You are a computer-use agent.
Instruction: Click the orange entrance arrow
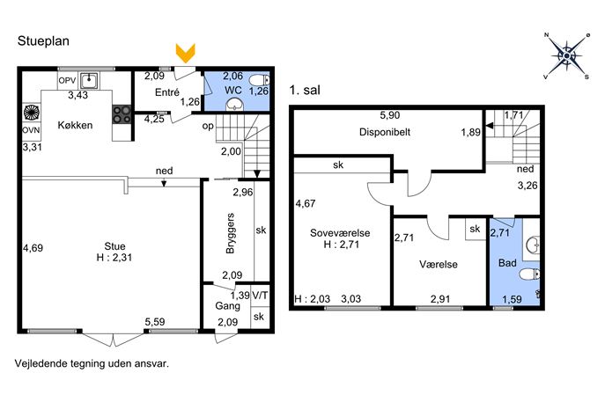186,53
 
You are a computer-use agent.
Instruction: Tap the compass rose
566,56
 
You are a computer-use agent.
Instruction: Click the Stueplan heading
43,41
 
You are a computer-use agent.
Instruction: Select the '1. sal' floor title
305,91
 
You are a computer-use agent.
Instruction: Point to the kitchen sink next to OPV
89,81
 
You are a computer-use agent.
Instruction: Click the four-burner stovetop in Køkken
122,115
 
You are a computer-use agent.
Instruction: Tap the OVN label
31,130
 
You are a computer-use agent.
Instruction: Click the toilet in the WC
259,81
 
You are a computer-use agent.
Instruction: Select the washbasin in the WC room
234,104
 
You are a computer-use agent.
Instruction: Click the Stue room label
114,246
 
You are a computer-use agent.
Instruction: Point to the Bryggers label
230,233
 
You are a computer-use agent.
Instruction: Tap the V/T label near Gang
260,296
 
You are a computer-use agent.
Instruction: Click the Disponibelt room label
385,132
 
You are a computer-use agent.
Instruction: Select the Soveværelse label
340,233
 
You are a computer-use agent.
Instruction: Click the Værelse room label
439,265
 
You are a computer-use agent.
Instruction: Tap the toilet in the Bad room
529,274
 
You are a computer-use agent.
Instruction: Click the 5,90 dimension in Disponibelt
390,115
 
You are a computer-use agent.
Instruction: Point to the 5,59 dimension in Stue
155,322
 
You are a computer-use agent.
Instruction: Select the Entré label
167,92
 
